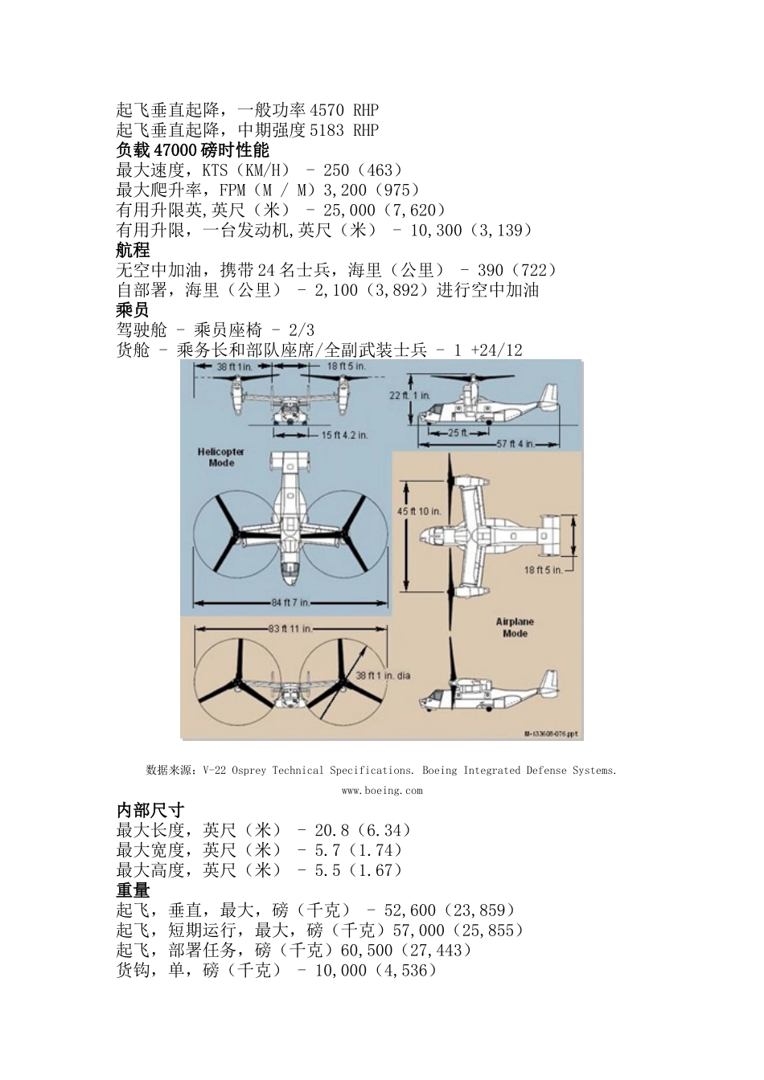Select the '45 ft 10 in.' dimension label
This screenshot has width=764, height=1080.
click(419, 511)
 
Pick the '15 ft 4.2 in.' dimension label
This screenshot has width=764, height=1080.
click(344, 435)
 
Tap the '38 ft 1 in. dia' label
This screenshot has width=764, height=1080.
click(383, 675)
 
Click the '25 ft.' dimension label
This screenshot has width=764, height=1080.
click(458, 432)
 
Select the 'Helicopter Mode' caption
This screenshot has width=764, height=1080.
click(220, 457)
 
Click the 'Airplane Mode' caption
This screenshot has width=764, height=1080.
click(515, 628)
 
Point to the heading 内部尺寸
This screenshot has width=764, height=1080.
click(150, 810)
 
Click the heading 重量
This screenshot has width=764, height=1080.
click(133, 890)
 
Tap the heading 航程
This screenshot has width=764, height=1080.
click(133, 251)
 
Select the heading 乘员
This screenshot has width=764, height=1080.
click(133, 310)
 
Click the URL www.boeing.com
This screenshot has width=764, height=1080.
click(381, 791)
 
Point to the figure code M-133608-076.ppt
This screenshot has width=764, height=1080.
click(551, 734)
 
